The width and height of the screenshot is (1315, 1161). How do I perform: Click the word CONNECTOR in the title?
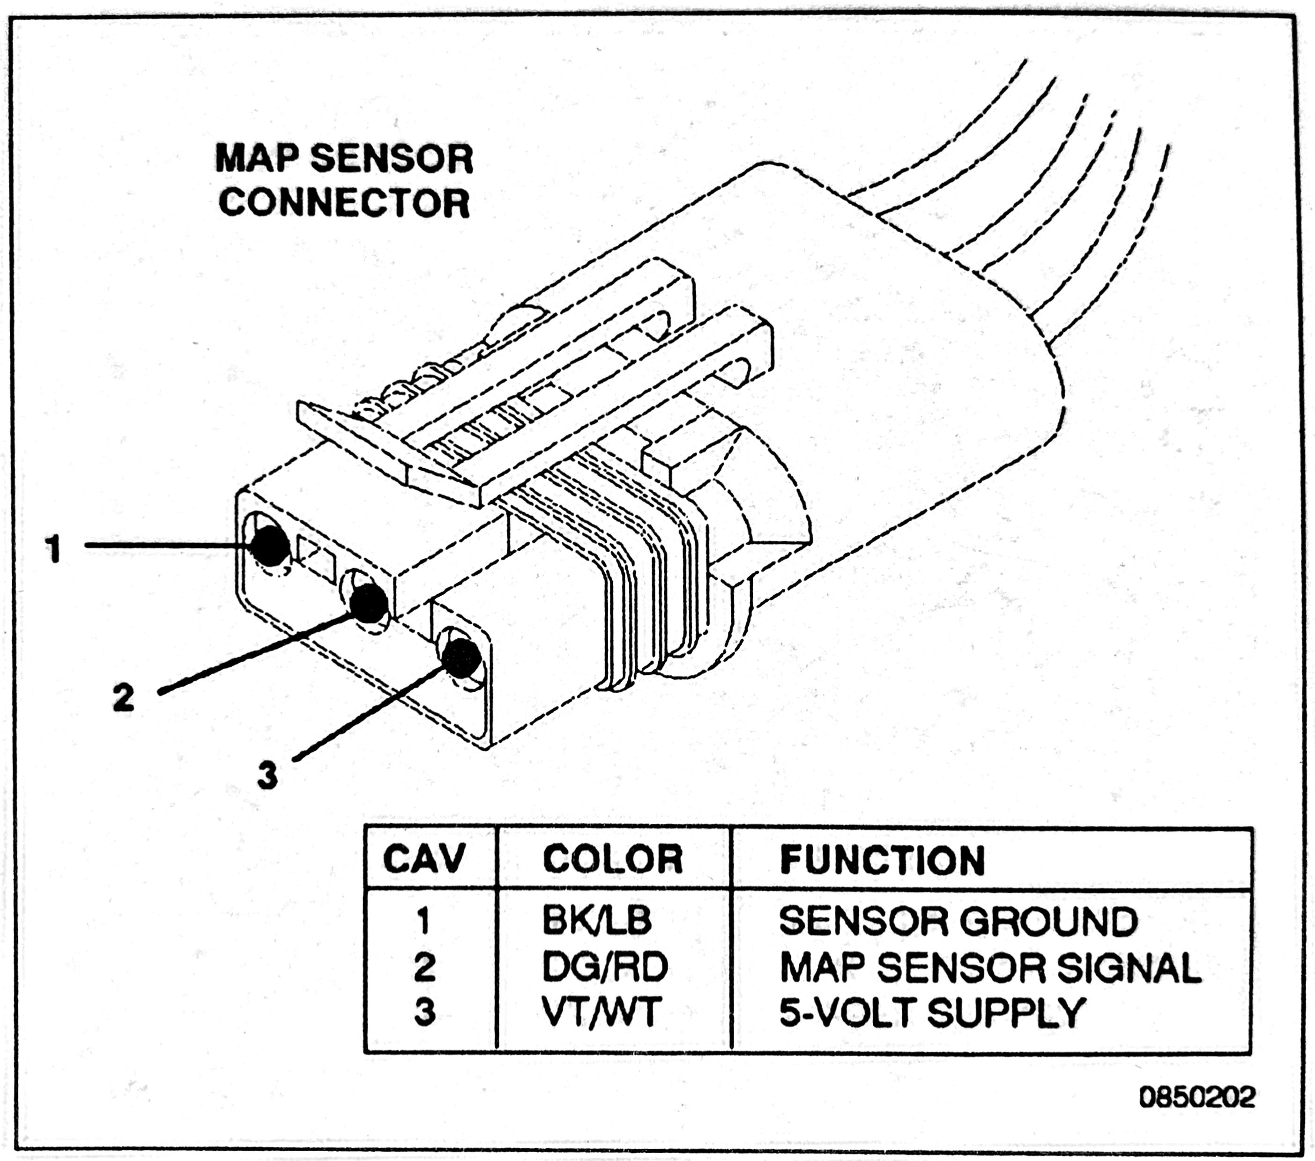tap(344, 203)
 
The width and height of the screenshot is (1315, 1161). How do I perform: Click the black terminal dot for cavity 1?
tap(269, 546)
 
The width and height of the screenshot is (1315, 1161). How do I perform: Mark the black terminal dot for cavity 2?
tap(368, 602)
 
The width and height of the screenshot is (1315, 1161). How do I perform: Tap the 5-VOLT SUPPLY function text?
tap(932, 1013)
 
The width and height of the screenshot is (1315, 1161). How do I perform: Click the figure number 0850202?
tap(1196, 1097)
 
